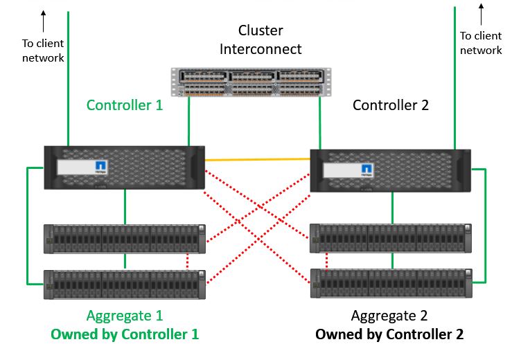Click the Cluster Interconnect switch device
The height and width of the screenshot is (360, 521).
pos(251,82)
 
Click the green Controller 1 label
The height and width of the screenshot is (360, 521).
pos(125,105)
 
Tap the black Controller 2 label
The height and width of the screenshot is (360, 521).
pos(391,105)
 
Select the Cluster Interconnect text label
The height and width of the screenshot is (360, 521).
pos(260,39)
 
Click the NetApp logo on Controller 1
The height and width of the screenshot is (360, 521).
pos(100,168)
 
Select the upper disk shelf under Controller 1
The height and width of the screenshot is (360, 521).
pos(125,238)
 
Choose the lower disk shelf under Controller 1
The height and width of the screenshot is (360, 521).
pos(125,284)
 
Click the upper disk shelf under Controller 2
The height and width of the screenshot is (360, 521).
pos(391,238)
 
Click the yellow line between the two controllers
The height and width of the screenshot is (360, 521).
pos(257,160)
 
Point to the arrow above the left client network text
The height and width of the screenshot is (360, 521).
pos(44,21)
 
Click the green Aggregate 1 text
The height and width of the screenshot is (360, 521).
pos(125,316)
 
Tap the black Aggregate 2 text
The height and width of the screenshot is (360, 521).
pos(389,316)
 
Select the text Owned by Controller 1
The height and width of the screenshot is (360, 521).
pos(125,334)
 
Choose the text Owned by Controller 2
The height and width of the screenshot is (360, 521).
pos(389,334)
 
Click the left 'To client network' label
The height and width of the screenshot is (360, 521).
pos(43,51)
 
